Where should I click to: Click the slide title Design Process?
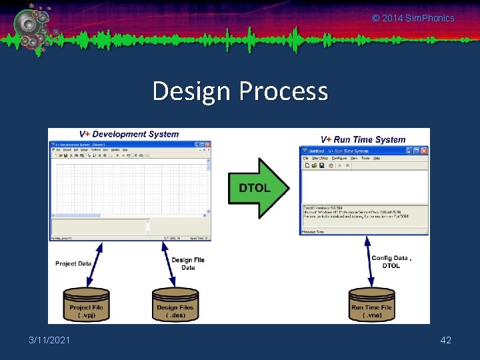pos(240,91)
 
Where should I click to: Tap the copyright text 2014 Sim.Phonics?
pos(413,18)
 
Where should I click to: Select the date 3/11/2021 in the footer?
pos(49,341)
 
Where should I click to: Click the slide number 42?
pos(446,341)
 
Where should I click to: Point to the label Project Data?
pos(73,263)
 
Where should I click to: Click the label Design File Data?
pos(188,263)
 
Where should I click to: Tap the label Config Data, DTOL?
pos(391,261)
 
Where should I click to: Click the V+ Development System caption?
pos(129,134)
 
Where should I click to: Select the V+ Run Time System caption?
pos(363,139)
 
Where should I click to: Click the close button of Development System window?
pos(207,144)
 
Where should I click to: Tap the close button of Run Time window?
pos(424,151)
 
